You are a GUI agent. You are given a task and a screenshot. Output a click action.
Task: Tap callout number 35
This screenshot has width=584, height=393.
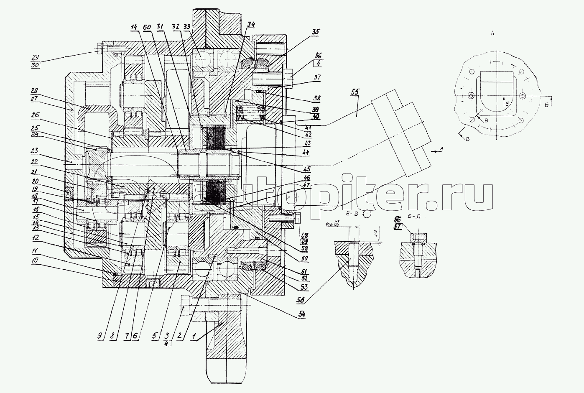(315, 32)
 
